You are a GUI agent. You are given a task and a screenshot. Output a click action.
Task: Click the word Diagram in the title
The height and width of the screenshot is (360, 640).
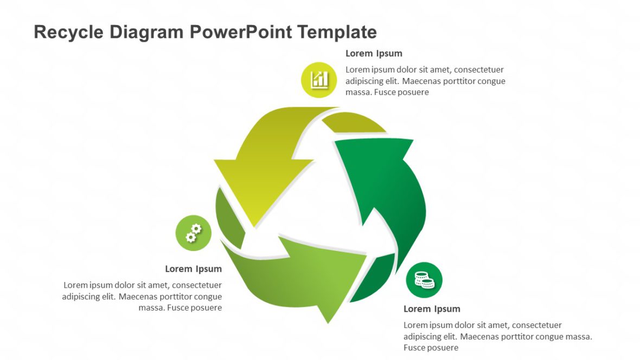pos(146,33)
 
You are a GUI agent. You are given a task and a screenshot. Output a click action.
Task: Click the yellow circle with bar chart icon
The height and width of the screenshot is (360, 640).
pos(319,80)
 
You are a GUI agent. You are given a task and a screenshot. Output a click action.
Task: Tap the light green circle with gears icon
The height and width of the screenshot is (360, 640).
pos(193,233)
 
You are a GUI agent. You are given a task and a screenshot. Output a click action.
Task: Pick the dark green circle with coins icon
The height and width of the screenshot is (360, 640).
pos(424,280)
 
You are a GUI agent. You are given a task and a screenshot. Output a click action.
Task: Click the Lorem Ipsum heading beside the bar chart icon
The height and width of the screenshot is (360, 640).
pos(374,54)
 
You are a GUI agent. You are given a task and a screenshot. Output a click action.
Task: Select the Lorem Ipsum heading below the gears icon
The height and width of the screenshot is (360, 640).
pos(193,269)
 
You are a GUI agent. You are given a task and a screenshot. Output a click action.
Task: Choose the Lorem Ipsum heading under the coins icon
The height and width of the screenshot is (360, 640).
pos(432,309)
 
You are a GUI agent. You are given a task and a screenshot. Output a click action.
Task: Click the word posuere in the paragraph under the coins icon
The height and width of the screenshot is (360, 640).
pos(443,348)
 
